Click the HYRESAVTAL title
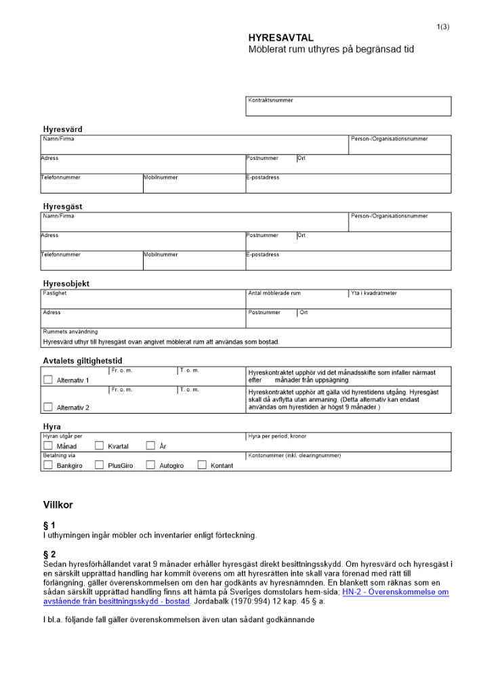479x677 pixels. [280, 38]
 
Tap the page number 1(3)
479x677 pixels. [443, 26]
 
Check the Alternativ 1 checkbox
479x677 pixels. [47, 380]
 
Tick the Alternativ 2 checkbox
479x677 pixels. [47, 407]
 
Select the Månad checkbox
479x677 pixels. [47, 446]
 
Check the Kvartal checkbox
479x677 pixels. [99, 446]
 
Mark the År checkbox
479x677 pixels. [150, 446]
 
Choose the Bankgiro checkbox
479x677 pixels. [47, 465]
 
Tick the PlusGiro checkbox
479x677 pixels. [99, 465]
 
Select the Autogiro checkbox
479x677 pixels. [150, 465]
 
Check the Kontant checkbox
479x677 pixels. [202, 465]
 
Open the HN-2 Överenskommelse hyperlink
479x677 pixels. [396, 592]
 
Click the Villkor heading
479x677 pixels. [58, 505]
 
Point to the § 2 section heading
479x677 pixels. [49, 554]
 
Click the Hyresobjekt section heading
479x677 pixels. [66, 284]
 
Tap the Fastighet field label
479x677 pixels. [55, 293]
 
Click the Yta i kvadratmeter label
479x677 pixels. [374, 293]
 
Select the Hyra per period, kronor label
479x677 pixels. [277, 437]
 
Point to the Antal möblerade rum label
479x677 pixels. [274, 293]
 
